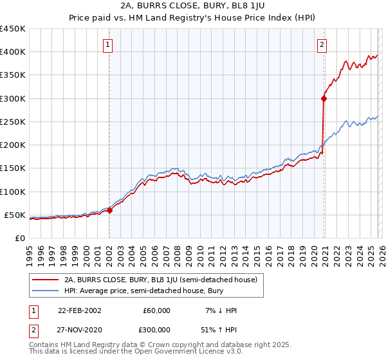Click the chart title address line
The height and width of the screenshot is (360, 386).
click(192, 6)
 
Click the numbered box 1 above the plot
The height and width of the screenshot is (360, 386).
click(109, 44)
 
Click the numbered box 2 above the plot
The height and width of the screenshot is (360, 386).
click(322, 44)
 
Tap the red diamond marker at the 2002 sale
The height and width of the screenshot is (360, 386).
click(109, 210)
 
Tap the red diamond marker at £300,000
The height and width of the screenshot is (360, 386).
click(324, 98)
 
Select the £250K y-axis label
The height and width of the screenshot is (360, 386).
click(12, 122)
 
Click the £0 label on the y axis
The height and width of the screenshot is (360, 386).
click(19, 238)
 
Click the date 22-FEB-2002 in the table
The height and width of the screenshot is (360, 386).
click(79, 310)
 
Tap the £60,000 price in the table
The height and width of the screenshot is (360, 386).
click(157, 310)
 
